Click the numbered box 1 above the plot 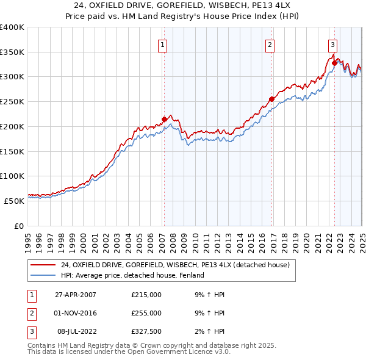pos(163,44)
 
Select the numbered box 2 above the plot pos(270,44)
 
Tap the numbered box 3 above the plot pos(332,44)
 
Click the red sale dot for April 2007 pos(164,120)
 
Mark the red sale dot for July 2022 pos(334,63)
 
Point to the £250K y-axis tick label pos(12,102)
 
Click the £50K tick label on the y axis pos(13,201)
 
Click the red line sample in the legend pos(43,265)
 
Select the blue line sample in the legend pos(43,275)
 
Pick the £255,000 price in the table pos(146,313)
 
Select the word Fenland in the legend pos(190,275)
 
